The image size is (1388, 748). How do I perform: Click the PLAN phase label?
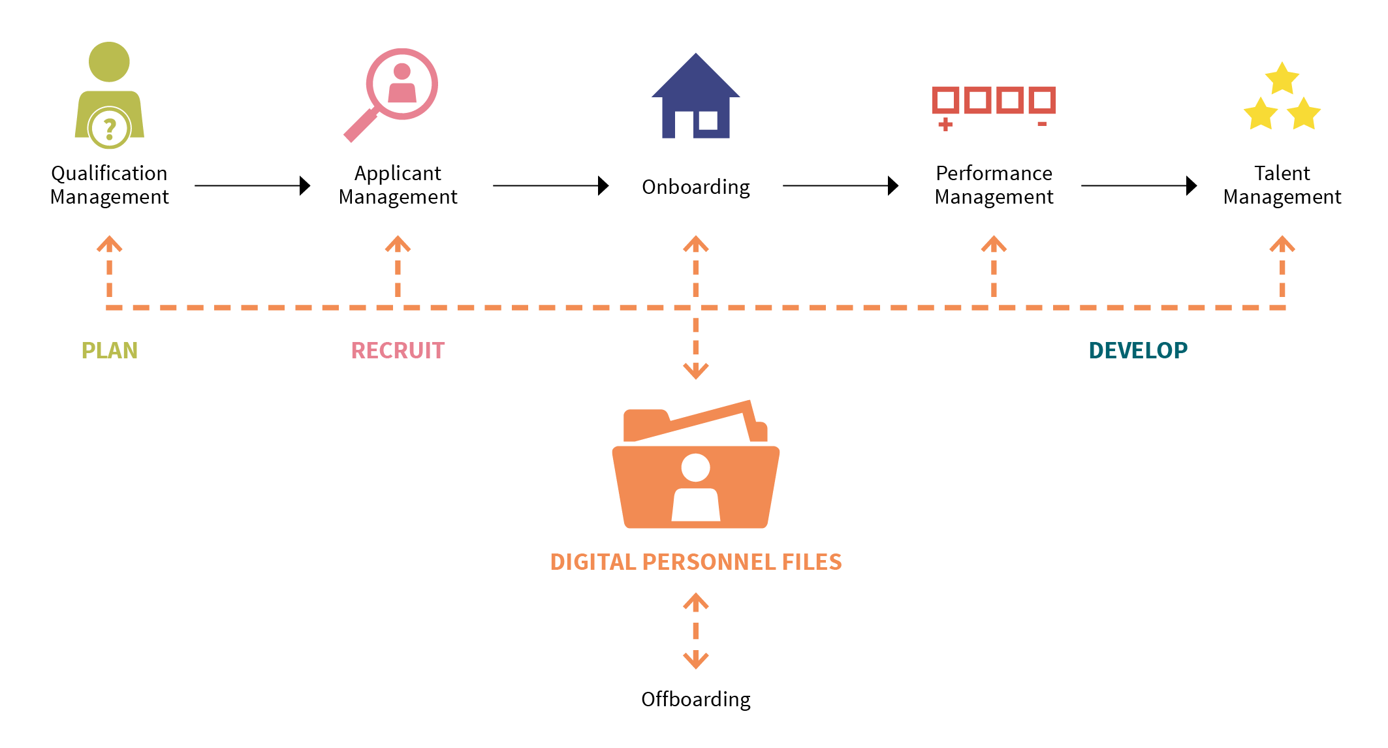pyautogui.click(x=109, y=351)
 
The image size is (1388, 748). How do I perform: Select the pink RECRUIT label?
pyautogui.click(x=398, y=351)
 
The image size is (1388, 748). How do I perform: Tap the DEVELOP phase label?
pyautogui.click(x=1137, y=351)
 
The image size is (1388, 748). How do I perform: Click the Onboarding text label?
pyautogui.click(x=695, y=187)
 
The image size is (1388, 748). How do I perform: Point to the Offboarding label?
pyautogui.click(x=695, y=699)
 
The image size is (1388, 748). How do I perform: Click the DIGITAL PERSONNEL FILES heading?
pyautogui.click(x=695, y=562)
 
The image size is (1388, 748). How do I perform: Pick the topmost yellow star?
pyautogui.click(x=1282, y=79)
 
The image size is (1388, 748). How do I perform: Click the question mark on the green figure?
pyautogui.click(x=110, y=128)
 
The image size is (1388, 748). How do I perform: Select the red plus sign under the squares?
pyautogui.click(x=945, y=125)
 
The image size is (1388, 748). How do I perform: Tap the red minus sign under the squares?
pyautogui.click(x=1042, y=123)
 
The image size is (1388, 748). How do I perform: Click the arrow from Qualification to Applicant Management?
pyautogui.click(x=252, y=185)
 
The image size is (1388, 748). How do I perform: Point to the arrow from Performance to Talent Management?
pyautogui.click(x=1139, y=185)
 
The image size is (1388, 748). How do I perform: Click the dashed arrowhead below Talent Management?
pyautogui.click(x=1282, y=244)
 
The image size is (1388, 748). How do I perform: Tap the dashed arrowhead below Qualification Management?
pyautogui.click(x=109, y=244)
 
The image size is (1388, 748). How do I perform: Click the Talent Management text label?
pyautogui.click(x=1282, y=185)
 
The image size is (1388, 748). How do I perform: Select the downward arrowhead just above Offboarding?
pyautogui.click(x=695, y=660)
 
